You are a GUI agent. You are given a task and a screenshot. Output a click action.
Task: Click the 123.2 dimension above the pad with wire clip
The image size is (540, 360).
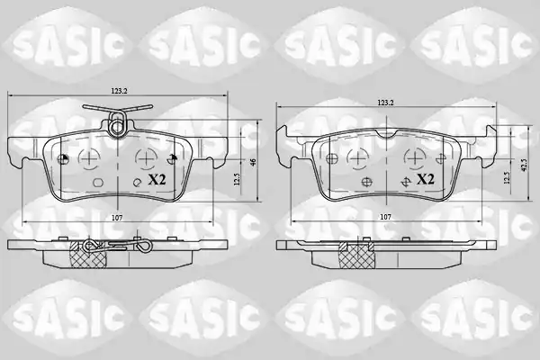pos(119,91)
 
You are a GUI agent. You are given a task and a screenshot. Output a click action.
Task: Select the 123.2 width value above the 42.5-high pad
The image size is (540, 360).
pos(386,103)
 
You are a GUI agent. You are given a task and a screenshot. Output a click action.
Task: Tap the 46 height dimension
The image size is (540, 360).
pos(254,162)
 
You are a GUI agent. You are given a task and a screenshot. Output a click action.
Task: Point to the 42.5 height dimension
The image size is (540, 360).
pos(524,165)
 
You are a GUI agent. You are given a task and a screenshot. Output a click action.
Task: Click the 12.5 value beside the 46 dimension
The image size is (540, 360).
pos(236,179)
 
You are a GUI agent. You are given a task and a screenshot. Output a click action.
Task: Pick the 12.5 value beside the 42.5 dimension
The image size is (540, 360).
pos(507,178)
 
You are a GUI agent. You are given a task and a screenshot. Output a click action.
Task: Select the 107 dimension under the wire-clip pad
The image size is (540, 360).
pos(117,218)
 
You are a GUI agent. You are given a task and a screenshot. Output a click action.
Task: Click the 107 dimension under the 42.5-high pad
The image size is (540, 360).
pos(385,217)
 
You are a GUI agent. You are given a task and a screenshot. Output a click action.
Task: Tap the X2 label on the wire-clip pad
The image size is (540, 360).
pos(157,179)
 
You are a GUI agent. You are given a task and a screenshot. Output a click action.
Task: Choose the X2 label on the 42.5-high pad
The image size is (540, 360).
pos(426,179)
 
